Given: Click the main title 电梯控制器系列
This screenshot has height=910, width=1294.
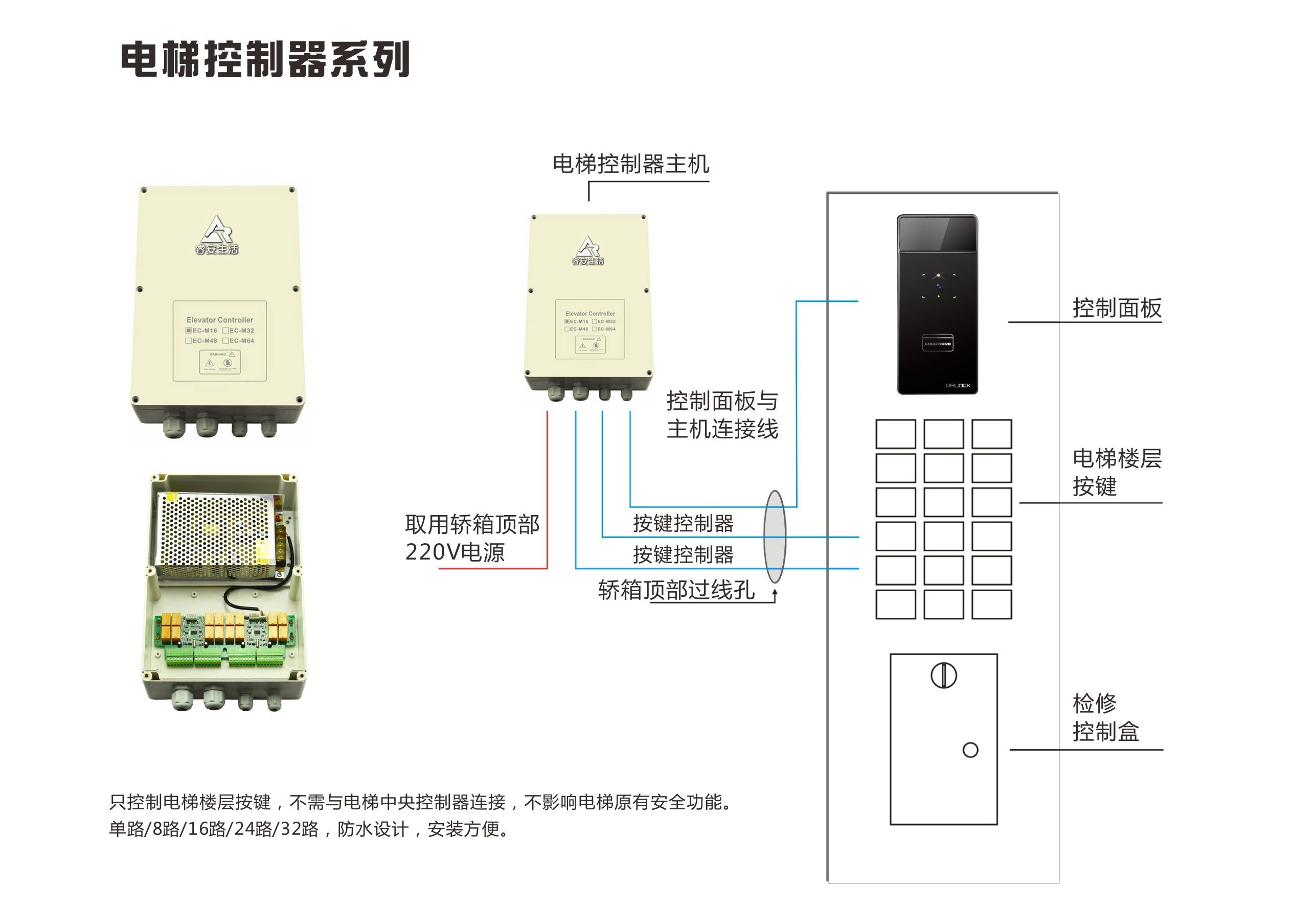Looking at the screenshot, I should coord(265,59).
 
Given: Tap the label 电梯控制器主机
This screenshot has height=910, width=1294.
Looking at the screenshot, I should coord(630,164).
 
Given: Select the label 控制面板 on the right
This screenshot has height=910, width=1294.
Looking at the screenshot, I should coord(1117,308).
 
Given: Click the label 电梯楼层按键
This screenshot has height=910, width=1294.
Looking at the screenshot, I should coord(1116,472).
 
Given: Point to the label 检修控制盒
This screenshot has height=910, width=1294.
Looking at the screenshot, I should coord(1105,717).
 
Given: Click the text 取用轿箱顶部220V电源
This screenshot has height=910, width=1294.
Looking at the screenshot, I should coord(471,538).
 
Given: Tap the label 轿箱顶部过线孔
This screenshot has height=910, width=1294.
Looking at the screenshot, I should coord(676,590).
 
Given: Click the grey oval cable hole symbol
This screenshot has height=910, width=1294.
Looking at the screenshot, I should coord(775,536).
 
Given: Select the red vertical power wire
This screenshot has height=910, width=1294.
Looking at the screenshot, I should coord(547,490).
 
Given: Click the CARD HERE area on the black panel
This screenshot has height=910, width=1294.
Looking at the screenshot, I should coord(937,343).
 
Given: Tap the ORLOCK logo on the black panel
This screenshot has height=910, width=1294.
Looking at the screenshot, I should coord(958,386).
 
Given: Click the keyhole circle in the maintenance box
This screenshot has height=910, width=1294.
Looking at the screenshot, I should coord(943,675).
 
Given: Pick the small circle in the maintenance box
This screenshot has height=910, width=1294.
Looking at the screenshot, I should coord(970,750).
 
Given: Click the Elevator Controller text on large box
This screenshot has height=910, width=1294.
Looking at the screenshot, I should coord(220,320).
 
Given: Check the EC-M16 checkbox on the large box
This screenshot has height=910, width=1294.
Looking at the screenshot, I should coord(189,331).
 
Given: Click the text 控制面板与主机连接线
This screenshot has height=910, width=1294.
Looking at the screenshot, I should coord(722,415).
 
